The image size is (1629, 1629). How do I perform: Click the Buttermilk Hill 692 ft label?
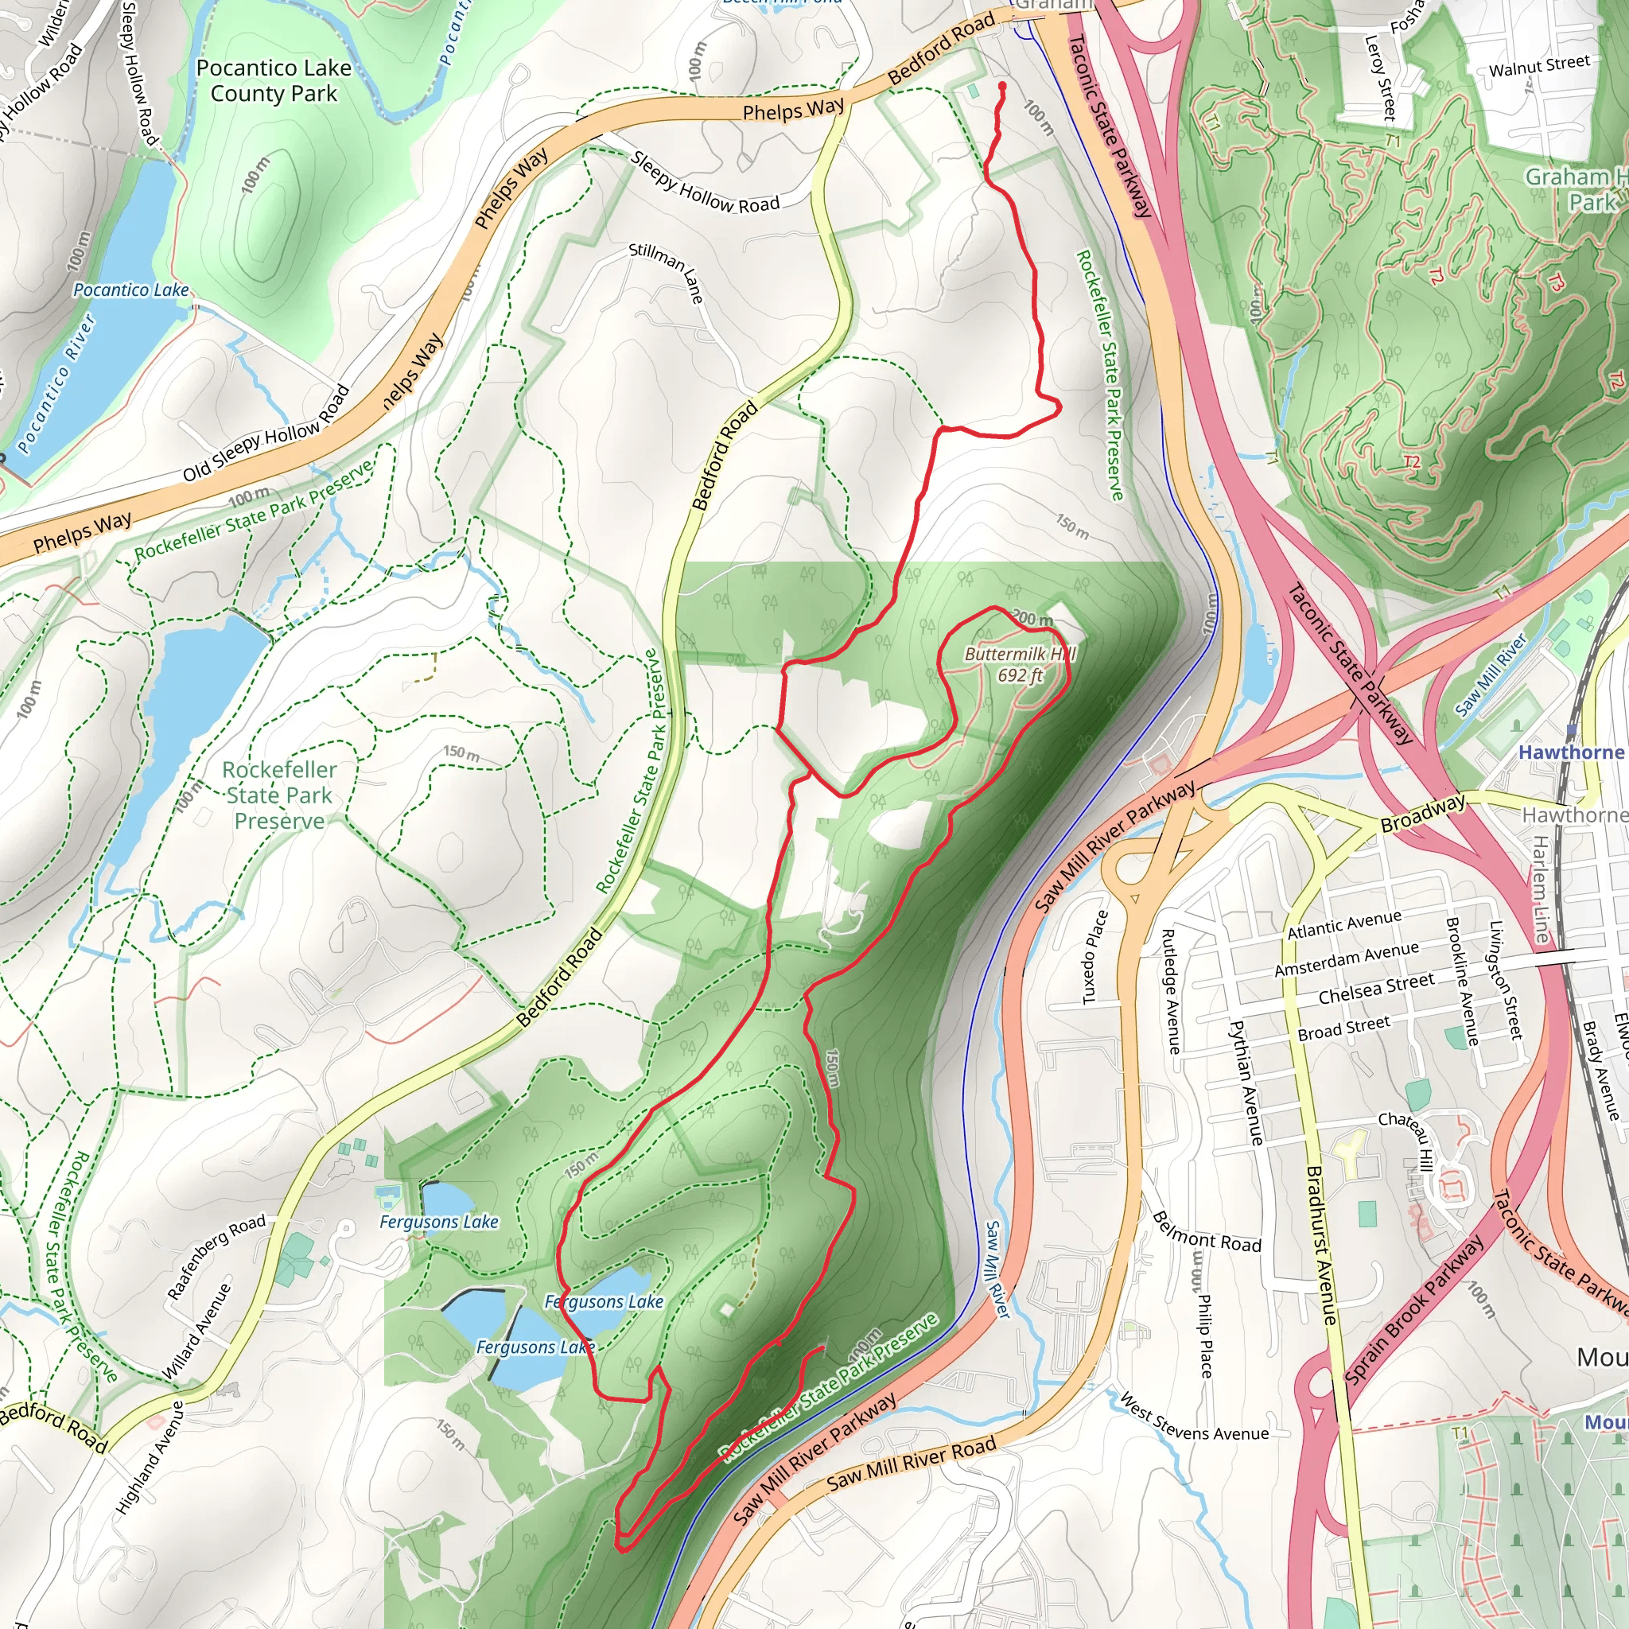(x=1020, y=664)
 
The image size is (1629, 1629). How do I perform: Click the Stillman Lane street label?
(x=666, y=272)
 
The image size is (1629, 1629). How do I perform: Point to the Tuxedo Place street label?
(x=1094, y=957)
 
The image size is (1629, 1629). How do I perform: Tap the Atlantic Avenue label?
(x=1344, y=924)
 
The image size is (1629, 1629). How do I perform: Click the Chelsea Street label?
(x=1375, y=989)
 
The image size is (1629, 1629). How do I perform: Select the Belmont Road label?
(x=1206, y=1232)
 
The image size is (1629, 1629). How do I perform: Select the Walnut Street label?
(x=1539, y=65)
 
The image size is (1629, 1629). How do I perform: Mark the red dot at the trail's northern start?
(x=1001, y=86)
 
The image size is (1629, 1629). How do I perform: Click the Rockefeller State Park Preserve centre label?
(x=279, y=795)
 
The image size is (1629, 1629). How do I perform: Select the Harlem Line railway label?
(x=1539, y=889)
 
